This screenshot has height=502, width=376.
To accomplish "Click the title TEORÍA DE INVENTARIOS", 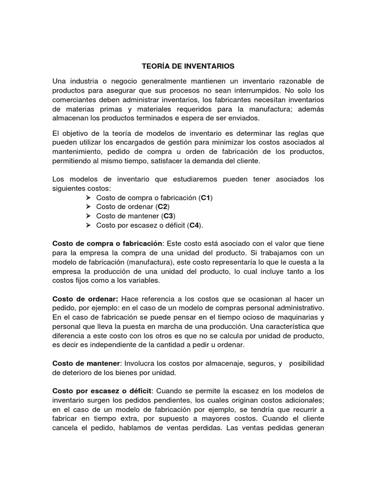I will [x=188, y=65].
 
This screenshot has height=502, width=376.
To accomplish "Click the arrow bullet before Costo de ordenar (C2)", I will [x=88, y=207].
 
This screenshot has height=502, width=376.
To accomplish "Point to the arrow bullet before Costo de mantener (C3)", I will [x=88, y=216].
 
